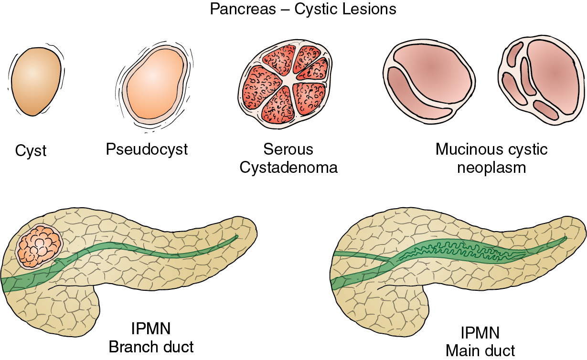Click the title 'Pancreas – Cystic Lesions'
(x=303, y=9)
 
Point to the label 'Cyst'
(x=31, y=151)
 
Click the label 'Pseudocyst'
(x=147, y=149)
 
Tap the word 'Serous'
(x=288, y=149)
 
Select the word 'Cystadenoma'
(x=288, y=168)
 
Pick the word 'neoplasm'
(x=491, y=168)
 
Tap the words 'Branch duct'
(x=151, y=347)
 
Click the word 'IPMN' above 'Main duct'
(x=480, y=333)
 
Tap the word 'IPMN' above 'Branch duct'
(x=151, y=329)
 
